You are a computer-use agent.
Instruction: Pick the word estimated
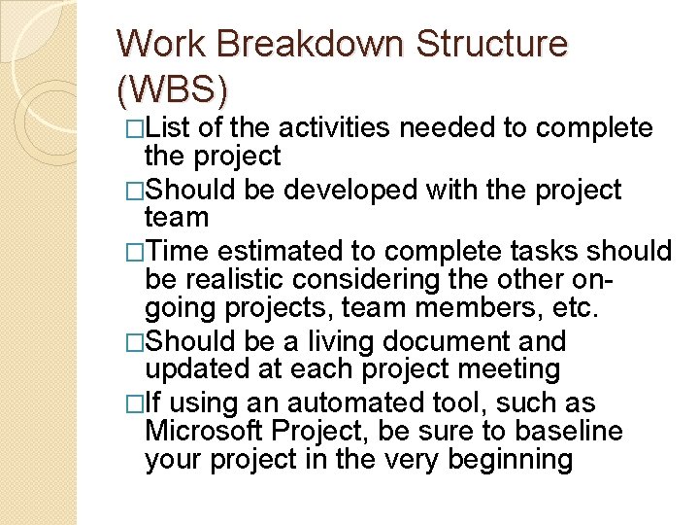pos(297,252)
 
